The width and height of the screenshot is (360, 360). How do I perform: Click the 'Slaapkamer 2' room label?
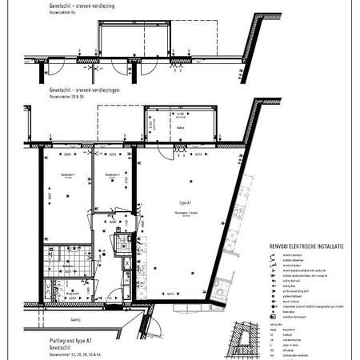click(x=113, y=175)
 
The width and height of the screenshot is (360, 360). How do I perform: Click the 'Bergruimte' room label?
click(x=70, y=294)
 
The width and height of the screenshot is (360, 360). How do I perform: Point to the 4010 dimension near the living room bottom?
click(x=171, y=294)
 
